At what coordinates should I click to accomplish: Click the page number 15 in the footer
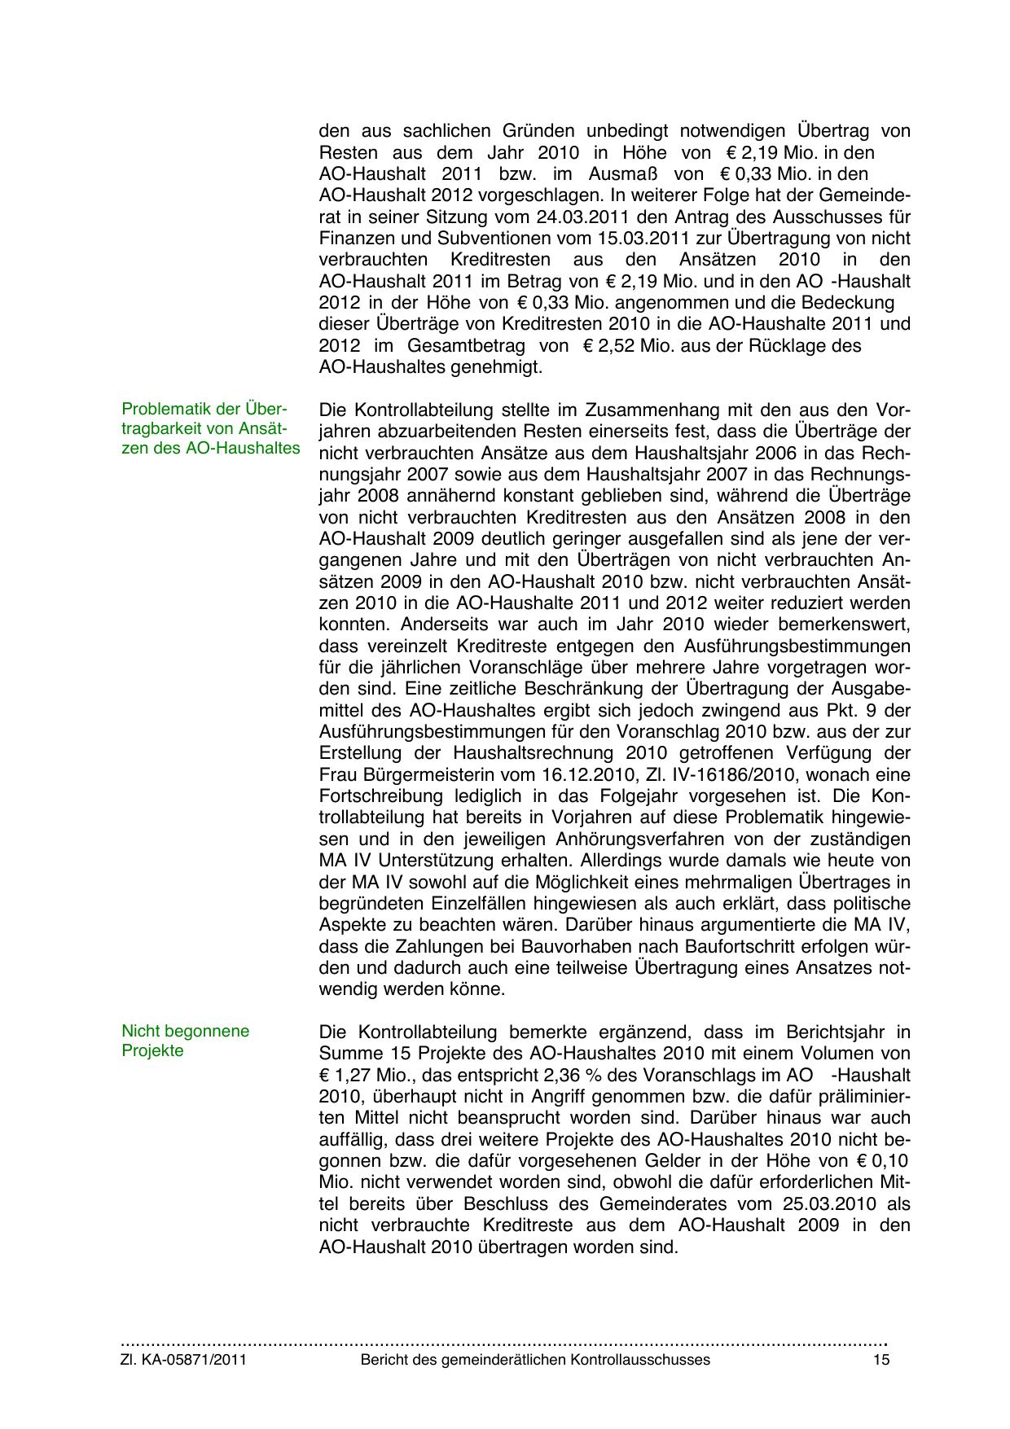(880, 1360)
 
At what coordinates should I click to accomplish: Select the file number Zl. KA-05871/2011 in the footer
(184, 1360)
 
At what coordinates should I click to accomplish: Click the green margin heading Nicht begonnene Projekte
(185, 1041)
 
